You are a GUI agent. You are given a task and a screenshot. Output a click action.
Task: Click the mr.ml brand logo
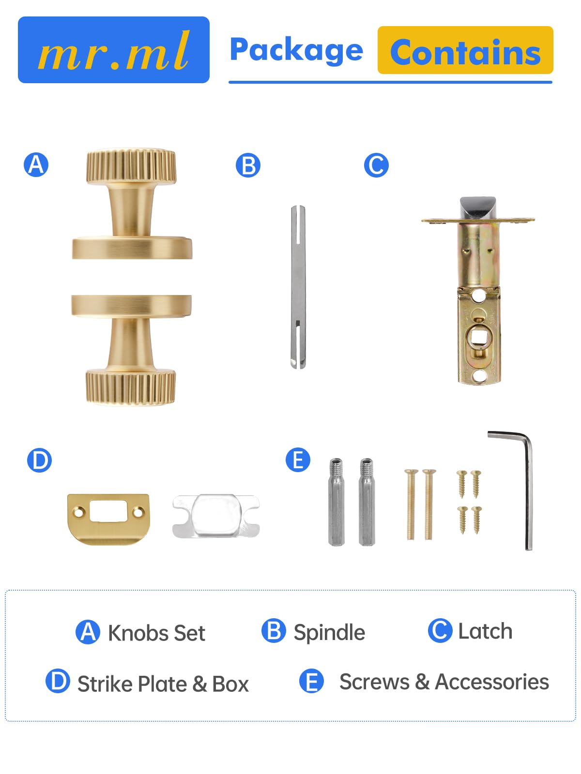[x=114, y=50]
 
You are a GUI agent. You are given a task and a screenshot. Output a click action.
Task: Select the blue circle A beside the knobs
[x=36, y=164]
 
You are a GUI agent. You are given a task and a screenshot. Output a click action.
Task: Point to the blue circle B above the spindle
[x=248, y=165]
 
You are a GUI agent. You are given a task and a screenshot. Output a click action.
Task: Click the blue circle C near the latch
[x=376, y=165]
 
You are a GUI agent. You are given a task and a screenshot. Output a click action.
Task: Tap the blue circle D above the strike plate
[x=40, y=460]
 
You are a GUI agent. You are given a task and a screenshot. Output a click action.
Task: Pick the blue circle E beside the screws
[x=298, y=460]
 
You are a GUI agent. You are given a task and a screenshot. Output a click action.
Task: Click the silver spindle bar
[x=298, y=287]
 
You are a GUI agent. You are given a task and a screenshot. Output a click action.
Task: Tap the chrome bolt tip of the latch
[x=478, y=208]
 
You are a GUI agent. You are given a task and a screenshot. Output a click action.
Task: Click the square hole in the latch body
[x=478, y=338]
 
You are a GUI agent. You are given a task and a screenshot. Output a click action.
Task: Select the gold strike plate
[x=108, y=519]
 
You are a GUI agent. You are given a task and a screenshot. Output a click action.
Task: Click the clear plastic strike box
[x=216, y=516]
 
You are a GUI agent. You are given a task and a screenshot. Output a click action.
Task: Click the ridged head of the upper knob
[x=131, y=166]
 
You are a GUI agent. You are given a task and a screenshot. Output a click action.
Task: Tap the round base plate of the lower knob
[x=132, y=306]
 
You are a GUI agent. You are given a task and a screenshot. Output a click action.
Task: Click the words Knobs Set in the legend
[x=156, y=633]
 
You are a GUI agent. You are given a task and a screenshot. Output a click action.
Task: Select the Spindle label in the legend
[x=329, y=632]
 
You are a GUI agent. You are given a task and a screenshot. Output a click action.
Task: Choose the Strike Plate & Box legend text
[x=163, y=684]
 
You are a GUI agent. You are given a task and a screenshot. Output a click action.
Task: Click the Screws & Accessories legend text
[x=444, y=682]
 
